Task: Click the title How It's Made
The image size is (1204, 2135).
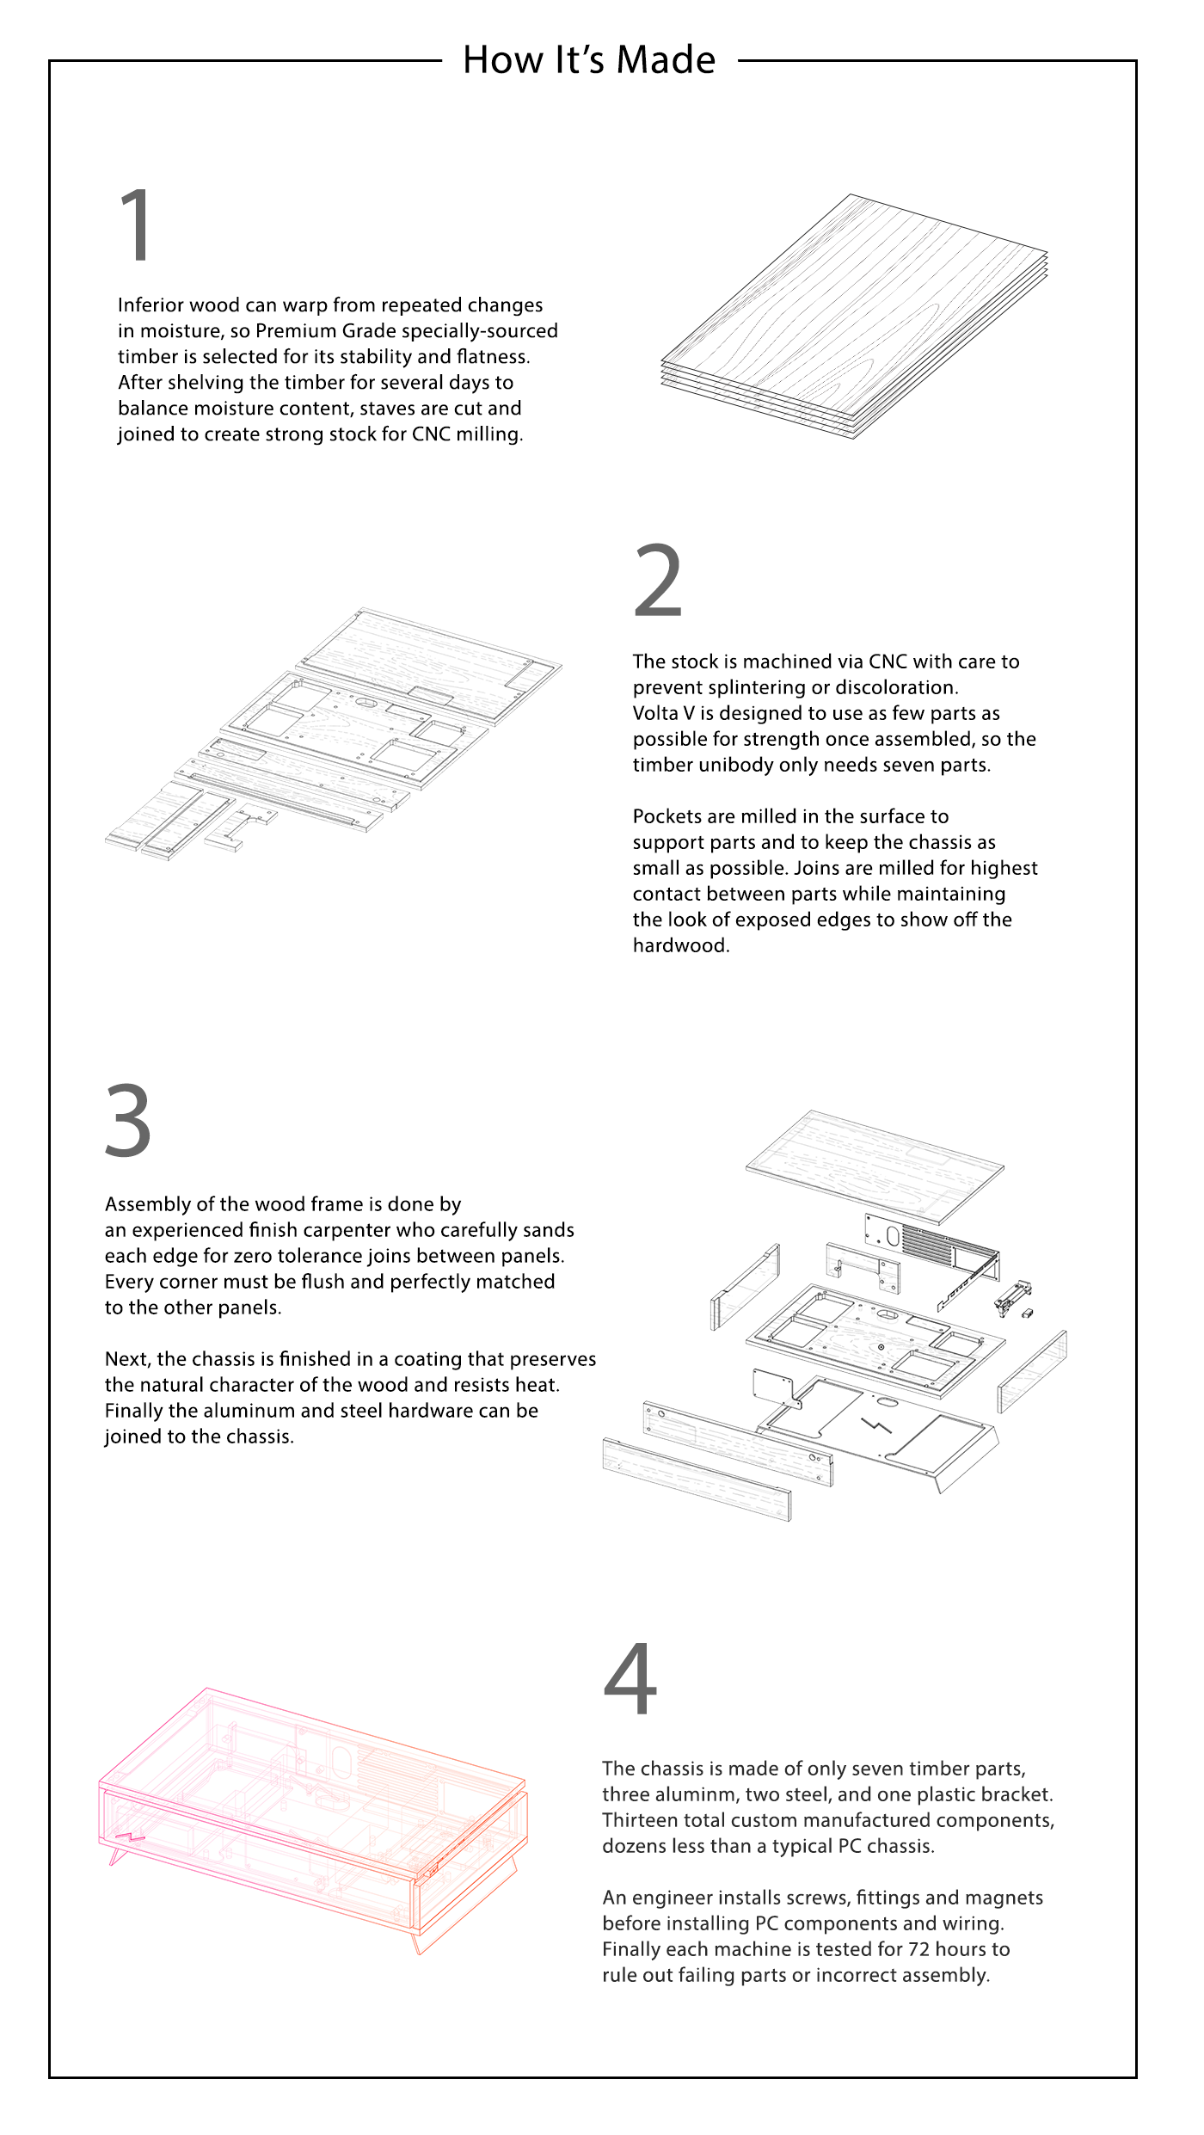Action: click(589, 60)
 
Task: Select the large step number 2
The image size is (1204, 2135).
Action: click(658, 581)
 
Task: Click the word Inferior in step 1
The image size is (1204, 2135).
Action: click(150, 305)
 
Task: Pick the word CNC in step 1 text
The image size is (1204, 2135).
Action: click(431, 434)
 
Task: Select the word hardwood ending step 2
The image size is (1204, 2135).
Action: click(679, 945)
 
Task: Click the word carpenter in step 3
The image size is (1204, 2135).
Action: click(346, 1230)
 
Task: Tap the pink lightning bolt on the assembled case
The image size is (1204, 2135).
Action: click(131, 1839)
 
